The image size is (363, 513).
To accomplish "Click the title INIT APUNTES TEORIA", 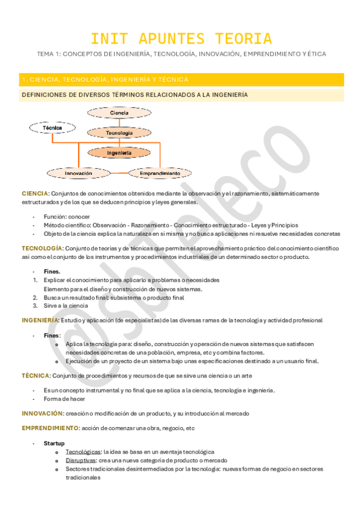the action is pyautogui.click(x=181, y=39).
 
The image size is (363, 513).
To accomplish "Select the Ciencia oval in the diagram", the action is pyautogui.click(x=119, y=113).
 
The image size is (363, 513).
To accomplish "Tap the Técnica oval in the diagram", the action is pyautogui.click(x=52, y=128).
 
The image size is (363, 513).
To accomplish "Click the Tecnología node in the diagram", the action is pyautogui.click(x=119, y=132).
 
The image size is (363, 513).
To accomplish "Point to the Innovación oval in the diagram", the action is pyautogui.click(x=79, y=173).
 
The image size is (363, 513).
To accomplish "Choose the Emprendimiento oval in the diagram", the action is pyautogui.click(x=159, y=173).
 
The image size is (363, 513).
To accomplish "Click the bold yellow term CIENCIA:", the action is pyautogui.click(x=35, y=193).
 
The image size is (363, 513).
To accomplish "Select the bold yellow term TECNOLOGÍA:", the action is pyautogui.click(x=42, y=248).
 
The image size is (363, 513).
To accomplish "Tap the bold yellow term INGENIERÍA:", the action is pyautogui.click(x=41, y=319).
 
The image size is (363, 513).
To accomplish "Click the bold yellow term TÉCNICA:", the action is pyautogui.click(x=35, y=375).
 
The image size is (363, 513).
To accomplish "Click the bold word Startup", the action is pyautogui.click(x=54, y=443).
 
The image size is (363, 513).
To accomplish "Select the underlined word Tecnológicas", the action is pyautogui.click(x=83, y=452).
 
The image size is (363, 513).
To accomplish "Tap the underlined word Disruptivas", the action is pyautogui.click(x=81, y=460).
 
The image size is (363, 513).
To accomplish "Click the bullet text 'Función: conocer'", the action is pyautogui.click(x=67, y=217).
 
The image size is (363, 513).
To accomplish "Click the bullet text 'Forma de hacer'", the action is pyautogui.click(x=64, y=399).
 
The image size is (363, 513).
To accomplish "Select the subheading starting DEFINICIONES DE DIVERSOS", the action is pyautogui.click(x=134, y=95).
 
